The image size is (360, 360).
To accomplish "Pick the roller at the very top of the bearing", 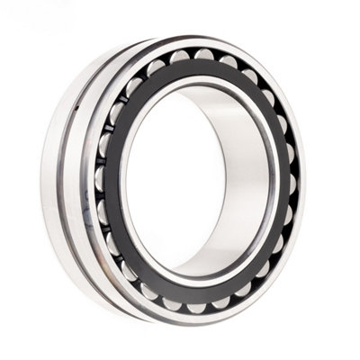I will coord(203,55).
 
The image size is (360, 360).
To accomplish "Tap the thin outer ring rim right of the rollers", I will coord(301,180).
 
